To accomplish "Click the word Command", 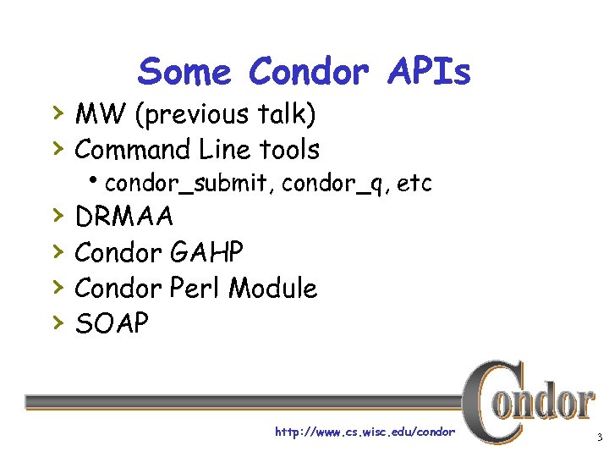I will [133, 150].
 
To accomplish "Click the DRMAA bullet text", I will [124, 217].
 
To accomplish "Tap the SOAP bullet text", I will [112, 322].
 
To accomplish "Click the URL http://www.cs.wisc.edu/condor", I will [365, 432].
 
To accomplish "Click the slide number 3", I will [598, 438].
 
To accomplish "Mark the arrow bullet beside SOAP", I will [57, 322].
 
